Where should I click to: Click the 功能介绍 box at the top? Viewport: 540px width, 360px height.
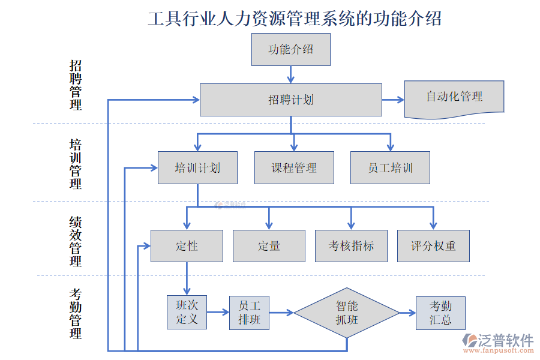pyautogui.click(x=290, y=49)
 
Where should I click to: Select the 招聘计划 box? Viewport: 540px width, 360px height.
pyautogui.click(x=290, y=100)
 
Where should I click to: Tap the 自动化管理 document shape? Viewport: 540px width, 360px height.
pyautogui.click(x=454, y=97)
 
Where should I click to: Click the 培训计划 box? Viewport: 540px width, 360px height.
pyautogui.click(x=197, y=167)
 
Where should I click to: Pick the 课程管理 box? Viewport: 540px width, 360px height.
pyautogui.click(x=294, y=167)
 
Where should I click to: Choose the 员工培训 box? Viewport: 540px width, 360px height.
pyautogui.click(x=390, y=167)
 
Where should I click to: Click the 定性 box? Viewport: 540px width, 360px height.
pyautogui.click(x=187, y=246)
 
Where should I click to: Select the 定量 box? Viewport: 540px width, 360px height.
pyautogui.click(x=269, y=246)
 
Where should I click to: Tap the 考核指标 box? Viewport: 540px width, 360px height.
pyautogui.click(x=351, y=246)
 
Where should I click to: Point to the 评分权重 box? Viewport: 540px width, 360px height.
pyautogui.click(x=433, y=246)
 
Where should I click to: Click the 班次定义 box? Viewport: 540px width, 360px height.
pyautogui.click(x=187, y=313)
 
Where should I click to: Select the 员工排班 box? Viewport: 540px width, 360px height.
pyautogui.click(x=249, y=313)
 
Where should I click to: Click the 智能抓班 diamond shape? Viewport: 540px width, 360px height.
pyautogui.click(x=347, y=313)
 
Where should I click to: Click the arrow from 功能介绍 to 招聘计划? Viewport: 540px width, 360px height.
pyautogui.click(x=291, y=74)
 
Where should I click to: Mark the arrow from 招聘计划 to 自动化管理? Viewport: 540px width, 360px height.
pyautogui.click(x=393, y=100)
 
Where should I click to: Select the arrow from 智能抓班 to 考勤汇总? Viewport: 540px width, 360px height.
pyautogui.click(x=407, y=313)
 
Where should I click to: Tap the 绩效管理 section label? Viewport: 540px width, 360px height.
pyautogui.click(x=76, y=241)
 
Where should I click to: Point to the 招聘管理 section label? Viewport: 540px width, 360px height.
pyautogui.click(x=76, y=85)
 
